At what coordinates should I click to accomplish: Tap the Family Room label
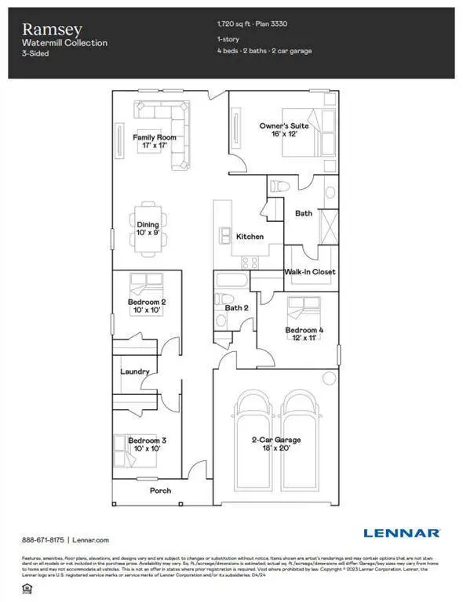coord(154,142)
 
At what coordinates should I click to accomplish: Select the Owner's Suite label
coord(284,129)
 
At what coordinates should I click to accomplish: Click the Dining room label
coord(148,229)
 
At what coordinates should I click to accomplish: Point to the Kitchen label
coord(250,236)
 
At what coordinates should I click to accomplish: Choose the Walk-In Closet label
coord(309,272)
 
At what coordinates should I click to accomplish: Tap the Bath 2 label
coord(236,308)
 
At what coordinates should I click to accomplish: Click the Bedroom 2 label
coord(147,306)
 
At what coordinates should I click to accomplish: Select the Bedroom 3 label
coord(147,444)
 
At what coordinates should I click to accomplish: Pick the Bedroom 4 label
coord(304,334)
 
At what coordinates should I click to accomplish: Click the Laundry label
coord(134,372)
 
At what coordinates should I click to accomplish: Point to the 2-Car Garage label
coord(275,444)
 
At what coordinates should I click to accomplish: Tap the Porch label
coord(160,491)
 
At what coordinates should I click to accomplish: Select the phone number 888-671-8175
coord(42,540)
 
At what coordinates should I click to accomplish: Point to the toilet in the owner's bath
coord(279,187)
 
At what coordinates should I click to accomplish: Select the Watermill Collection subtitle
coord(64,42)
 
